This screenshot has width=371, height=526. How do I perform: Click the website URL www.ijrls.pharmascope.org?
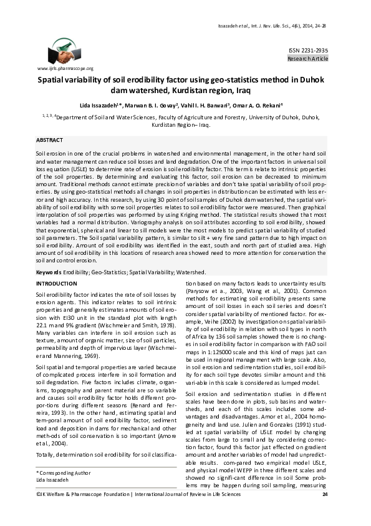(65, 68)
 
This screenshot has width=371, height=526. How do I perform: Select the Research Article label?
(307, 58)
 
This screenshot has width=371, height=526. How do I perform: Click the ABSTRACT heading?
(49, 141)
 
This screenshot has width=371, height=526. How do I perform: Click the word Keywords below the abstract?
(48, 273)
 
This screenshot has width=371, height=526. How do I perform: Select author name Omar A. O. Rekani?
(258, 105)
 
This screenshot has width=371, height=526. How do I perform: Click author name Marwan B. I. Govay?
(152, 105)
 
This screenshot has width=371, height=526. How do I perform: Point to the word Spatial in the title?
(54, 81)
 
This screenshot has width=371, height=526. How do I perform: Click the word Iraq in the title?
(233, 92)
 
